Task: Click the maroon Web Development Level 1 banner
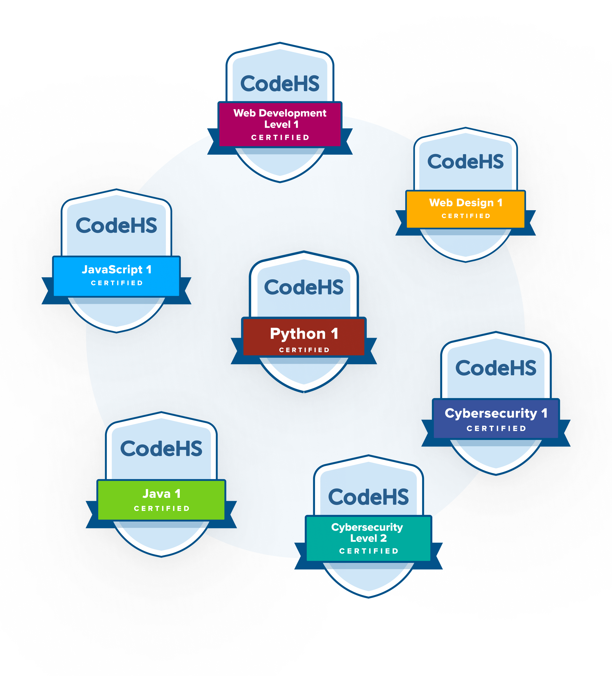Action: [x=280, y=124]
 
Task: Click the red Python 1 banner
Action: [x=304, y=337]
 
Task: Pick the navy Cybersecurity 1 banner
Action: [x=496, y=419]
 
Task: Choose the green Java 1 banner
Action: [x=161, y=500]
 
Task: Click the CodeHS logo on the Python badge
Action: [x=304, y=287]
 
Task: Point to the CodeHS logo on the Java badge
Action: [x=161, y=449]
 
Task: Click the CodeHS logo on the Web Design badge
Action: [x=465, y=162]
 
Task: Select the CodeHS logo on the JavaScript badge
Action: [x=116, y=225]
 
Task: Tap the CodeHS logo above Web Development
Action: [x=280, y=84]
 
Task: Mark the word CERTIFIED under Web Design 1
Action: [x=466, y=216]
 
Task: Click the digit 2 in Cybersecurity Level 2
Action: [x=383, y=538]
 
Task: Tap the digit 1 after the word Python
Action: [x=334, y=334]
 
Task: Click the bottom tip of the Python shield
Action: [x=304, y=391]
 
